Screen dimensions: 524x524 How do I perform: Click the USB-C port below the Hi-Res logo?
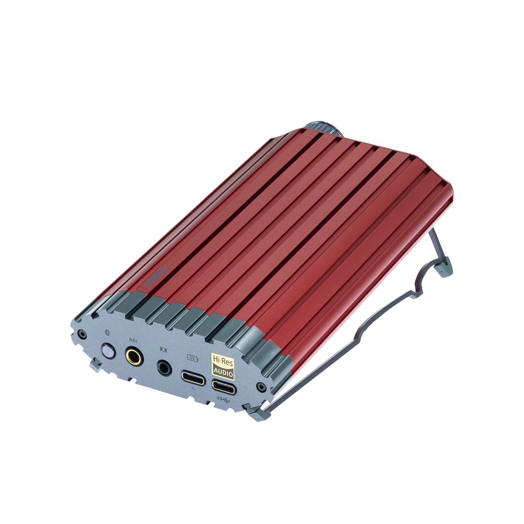pyautogui.click(x=223, y=386)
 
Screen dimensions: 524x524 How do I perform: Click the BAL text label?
pyautogui.click(x=134, y=340)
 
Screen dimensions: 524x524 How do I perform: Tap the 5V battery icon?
pyautogui.click(x=193, y=359)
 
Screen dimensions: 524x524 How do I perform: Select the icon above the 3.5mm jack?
pyautogui.click(x=164, y=349)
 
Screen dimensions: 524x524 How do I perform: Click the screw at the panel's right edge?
pyautogui.click(x=261, y=386)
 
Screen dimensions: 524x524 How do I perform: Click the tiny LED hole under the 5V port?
pyautogui.click(x=193, y=387)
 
